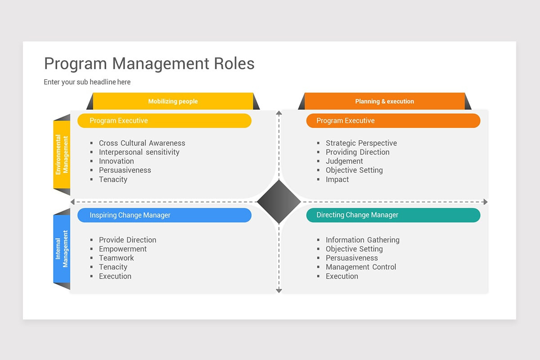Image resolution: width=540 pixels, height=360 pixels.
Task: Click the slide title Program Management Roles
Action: pos(149,64)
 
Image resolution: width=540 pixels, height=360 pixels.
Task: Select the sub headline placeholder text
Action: pos(87,82)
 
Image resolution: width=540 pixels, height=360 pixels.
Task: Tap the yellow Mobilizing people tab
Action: pos(173,101)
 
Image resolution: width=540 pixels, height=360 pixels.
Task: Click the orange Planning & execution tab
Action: pos(384,101)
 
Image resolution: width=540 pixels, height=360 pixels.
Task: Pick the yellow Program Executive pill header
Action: pos(164,121)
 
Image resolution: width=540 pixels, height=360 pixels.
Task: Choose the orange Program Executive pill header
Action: pos(393,121)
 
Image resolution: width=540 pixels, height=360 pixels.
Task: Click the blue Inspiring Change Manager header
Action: pos(164,215)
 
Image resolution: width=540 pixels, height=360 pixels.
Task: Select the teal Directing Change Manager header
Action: pos(393,215)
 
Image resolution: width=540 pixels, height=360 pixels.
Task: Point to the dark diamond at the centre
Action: pos(279,202)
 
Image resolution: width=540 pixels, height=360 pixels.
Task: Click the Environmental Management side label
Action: pos(62,155)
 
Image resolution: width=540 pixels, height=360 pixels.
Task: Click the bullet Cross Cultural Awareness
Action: pos(142,143)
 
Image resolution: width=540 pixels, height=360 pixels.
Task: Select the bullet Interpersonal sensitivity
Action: pos(139,152)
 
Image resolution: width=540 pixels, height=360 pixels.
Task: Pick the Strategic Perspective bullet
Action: pos(361,143)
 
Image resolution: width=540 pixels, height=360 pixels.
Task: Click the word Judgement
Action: pos(344,161)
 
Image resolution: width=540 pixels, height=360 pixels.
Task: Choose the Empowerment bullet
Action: pos(123,249)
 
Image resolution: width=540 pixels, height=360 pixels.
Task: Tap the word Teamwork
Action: pos(117,258)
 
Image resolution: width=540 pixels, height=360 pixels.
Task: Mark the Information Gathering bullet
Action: pos(362,240)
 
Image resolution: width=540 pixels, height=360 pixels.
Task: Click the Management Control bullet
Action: pos(361,267)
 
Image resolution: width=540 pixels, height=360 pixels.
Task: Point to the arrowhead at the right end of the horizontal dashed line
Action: pos(485,202)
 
